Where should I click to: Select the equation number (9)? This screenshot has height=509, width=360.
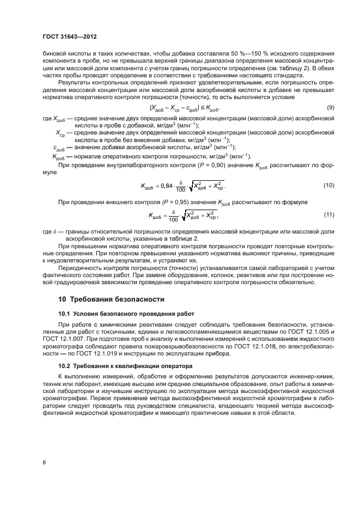[329, 108]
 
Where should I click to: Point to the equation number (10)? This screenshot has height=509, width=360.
[329, 186]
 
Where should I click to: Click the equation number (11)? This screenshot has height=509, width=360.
[329, 216]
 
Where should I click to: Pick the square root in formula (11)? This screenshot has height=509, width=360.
[200, 216]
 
